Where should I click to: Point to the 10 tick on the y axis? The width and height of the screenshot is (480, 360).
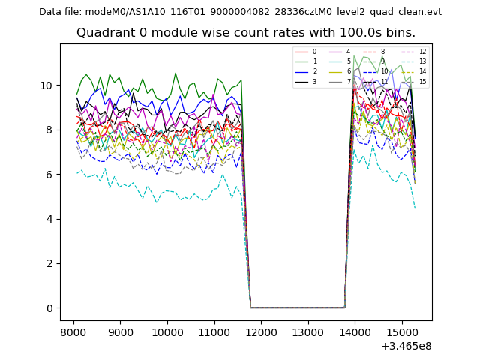47,85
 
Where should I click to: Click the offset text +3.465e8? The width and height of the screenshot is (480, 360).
406,346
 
